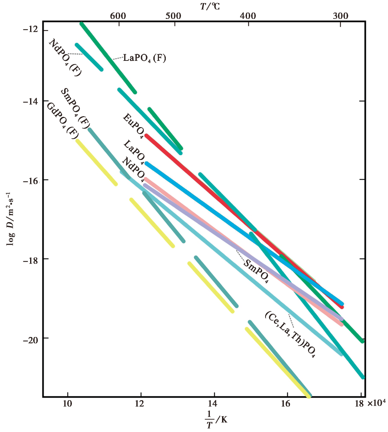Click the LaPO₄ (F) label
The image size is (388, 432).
tap(144, 58)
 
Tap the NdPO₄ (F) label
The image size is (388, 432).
tap(65, 57)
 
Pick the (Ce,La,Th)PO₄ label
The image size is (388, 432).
tap(290, 335)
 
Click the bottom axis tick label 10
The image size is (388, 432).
tap(68, 403)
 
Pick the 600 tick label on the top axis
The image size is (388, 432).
tap(118, 16)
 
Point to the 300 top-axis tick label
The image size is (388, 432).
tap(340, 16)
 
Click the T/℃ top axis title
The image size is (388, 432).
tap(210, 6)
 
